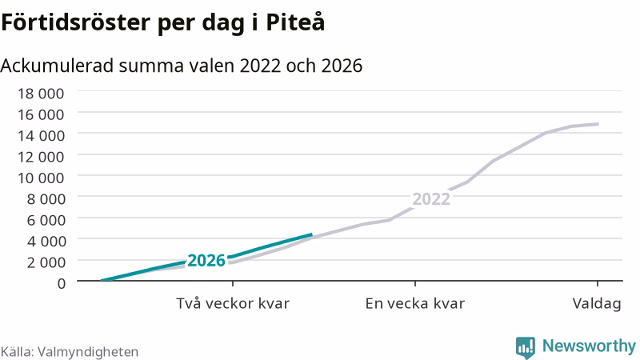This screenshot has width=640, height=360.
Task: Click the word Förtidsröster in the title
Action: point(75,22)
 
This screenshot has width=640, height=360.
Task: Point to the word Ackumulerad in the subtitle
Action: point(57,66)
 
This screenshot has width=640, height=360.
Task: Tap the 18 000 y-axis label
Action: point(41,94)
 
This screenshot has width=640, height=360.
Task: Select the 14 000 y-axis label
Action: point(41,135)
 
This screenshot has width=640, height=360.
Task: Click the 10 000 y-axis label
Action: point(41,178)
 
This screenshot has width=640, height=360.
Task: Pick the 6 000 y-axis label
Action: point(46,220)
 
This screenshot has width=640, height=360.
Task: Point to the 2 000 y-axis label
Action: point(46,262)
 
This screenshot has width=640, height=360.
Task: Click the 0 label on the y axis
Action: point(62,283)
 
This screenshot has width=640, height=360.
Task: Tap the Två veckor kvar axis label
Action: point(233,303)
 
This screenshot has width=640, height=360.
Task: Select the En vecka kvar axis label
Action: point(414,303)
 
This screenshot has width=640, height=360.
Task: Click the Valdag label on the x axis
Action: point(597,304)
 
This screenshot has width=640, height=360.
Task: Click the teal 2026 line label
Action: point(206,261)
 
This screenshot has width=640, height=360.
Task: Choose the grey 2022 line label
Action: point(431,198)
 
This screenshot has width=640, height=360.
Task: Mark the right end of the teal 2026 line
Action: point(312,234)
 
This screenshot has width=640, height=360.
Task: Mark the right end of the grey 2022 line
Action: point(598,124)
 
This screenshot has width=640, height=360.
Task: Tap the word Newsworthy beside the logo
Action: point(589,346)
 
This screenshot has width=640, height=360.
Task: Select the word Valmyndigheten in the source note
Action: point(88,352)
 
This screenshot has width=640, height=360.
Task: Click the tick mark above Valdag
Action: point(598,284)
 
